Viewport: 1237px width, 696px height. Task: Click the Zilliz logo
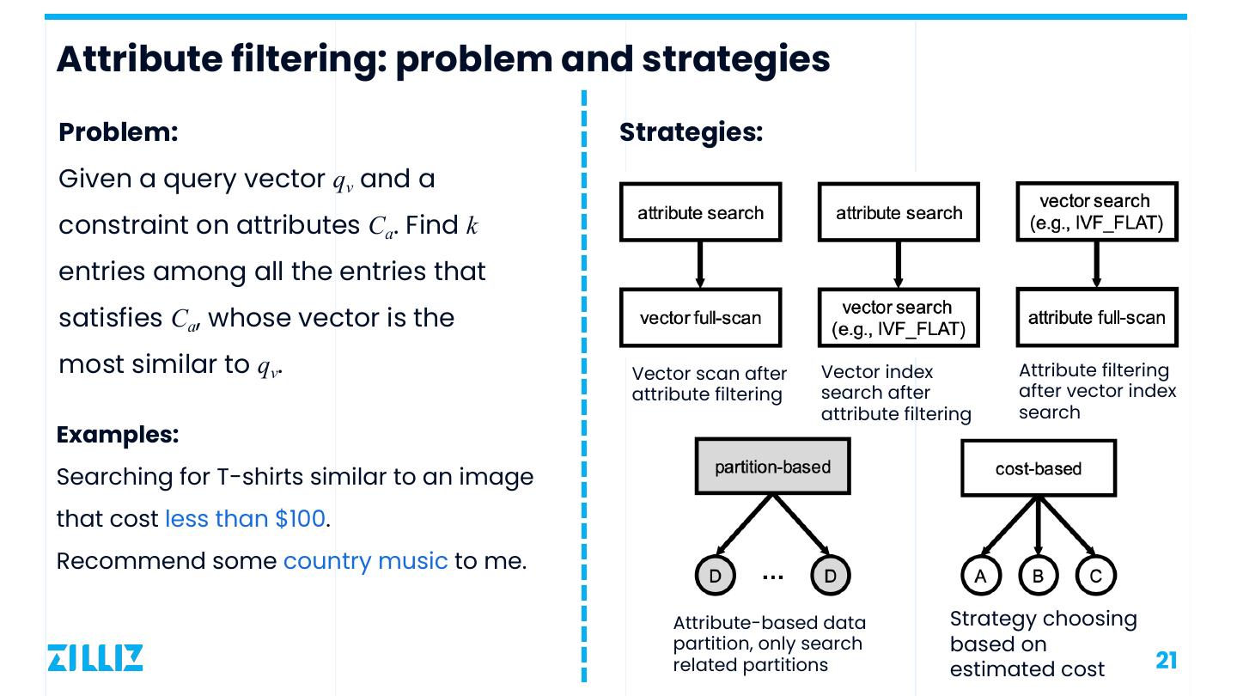(x=94, y=657)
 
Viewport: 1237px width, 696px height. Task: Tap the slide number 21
(x=1166, y=660)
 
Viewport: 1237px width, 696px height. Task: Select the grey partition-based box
(x=772, y=467)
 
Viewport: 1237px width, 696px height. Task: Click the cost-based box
(x=1038, y=468)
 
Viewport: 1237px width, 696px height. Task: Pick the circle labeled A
(x=980, y=576)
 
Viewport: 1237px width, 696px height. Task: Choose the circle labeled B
(x=1038, y=576)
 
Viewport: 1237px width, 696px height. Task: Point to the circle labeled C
(x=1095, y=576)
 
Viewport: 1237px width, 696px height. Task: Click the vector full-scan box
(x=700, y=317)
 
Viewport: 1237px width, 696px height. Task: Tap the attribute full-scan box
(x=1096, y=317)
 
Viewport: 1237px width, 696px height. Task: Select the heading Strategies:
(x=691, y=132)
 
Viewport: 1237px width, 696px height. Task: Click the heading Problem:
(x=118, y=132)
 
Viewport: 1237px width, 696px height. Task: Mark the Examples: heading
(x=117, y=435)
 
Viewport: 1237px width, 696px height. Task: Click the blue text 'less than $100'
(x=245, y=519)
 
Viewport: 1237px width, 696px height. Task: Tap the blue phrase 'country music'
(x=365, y=561)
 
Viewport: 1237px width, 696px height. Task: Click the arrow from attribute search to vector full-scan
(x=700, y=265)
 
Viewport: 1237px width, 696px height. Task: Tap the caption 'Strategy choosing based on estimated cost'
(x=1043, y=644)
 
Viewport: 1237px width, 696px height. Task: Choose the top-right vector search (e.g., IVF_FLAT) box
(x=1096, y=212)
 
